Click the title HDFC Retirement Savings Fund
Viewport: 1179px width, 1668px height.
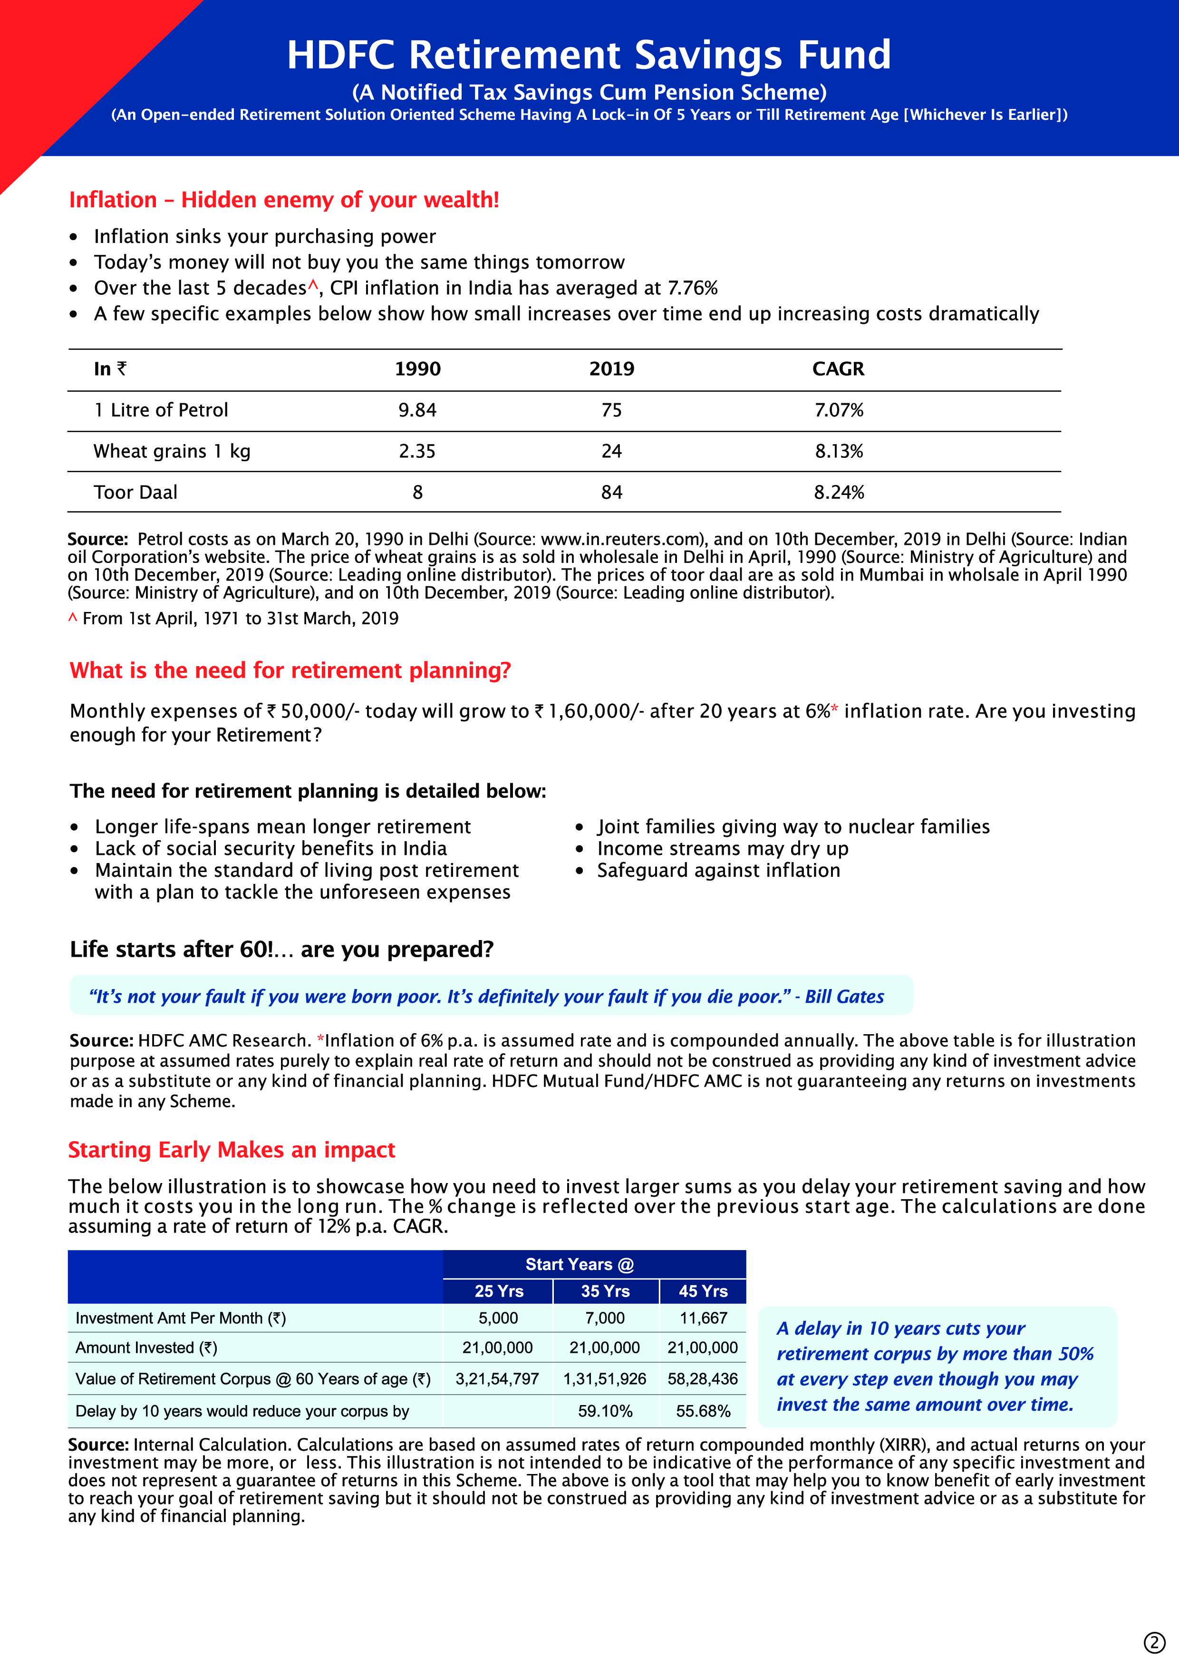tap(589, 55)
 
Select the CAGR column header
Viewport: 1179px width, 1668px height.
tap(838, 369)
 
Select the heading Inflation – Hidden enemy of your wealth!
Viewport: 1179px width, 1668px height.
tap(284, 200)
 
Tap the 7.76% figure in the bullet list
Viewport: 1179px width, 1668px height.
tap(692, 289)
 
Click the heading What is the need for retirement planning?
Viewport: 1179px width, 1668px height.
tap(290, 670)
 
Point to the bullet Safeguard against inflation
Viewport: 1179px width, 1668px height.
tap(718, 870)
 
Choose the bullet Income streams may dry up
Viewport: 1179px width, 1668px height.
tap(722, 849)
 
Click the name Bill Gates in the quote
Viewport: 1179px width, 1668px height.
tap(844, 997)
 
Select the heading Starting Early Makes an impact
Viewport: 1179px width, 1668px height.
tap(231, 1150)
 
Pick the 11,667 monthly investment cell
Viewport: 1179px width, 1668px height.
tap(703, 1318)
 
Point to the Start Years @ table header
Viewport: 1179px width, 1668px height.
tap(579, 1264)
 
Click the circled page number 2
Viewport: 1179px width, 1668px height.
tap(1154, 1643)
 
